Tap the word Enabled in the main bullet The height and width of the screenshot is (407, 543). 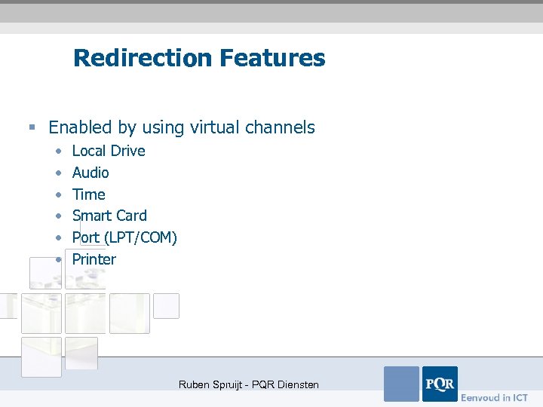pyautogui.click(x=80, y=127)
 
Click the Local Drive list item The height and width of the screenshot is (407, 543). pyautogui.click(x=109, y=151)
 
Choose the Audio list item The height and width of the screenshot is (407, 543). pyautogui.click(x=90, y=173)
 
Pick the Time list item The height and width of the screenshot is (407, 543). pyautogui.click(x=89, y=194)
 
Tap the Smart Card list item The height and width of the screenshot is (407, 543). pyautogui.click(x=109, y=216)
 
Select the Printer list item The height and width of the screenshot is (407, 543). pyautogui.click(x=94, y=259)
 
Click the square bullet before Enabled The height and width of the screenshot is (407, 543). pyautogui.click(x=32, y=128)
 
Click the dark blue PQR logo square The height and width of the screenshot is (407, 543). pyautogui.click(x=440, y=384)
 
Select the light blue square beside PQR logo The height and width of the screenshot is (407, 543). pyautogui.click(x=401, y=384)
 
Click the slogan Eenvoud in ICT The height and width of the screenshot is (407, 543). pyautogui.click(x=495, y=397)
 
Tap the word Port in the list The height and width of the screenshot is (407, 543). pyautogui.click(x=86, y=237)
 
